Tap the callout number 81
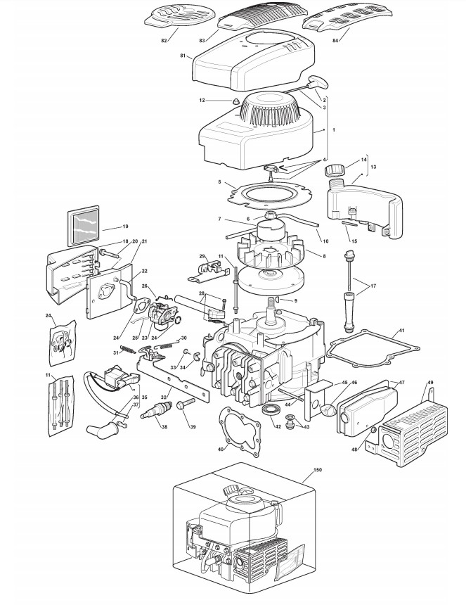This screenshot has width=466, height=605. [183, 56]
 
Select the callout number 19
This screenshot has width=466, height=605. [124, 227]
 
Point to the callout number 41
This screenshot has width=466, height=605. [401, 331]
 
